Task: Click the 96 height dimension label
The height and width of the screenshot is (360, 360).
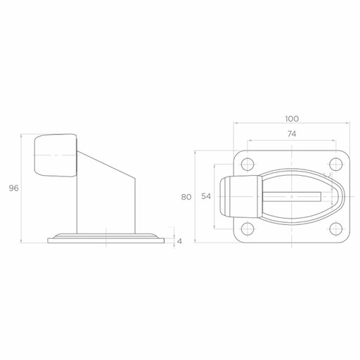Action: [x=13, y=188]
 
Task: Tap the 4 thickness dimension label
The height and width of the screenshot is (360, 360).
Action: [x=179, y=241]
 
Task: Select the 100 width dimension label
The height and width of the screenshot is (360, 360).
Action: [x=292, y=119]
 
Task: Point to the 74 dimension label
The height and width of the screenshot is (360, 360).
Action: [x=292, y=134]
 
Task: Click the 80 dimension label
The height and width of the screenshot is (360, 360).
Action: [x=186, y=198]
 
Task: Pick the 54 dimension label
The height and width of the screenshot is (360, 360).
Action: [x=206, y=196]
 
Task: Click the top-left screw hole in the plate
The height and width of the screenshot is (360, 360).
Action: [x=247, y=165]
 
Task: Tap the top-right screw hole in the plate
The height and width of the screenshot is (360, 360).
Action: [x=336, y=165]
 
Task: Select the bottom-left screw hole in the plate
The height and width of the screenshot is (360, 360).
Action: [x=247, y=229]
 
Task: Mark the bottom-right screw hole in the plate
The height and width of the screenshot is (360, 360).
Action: [x=336, y=229]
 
